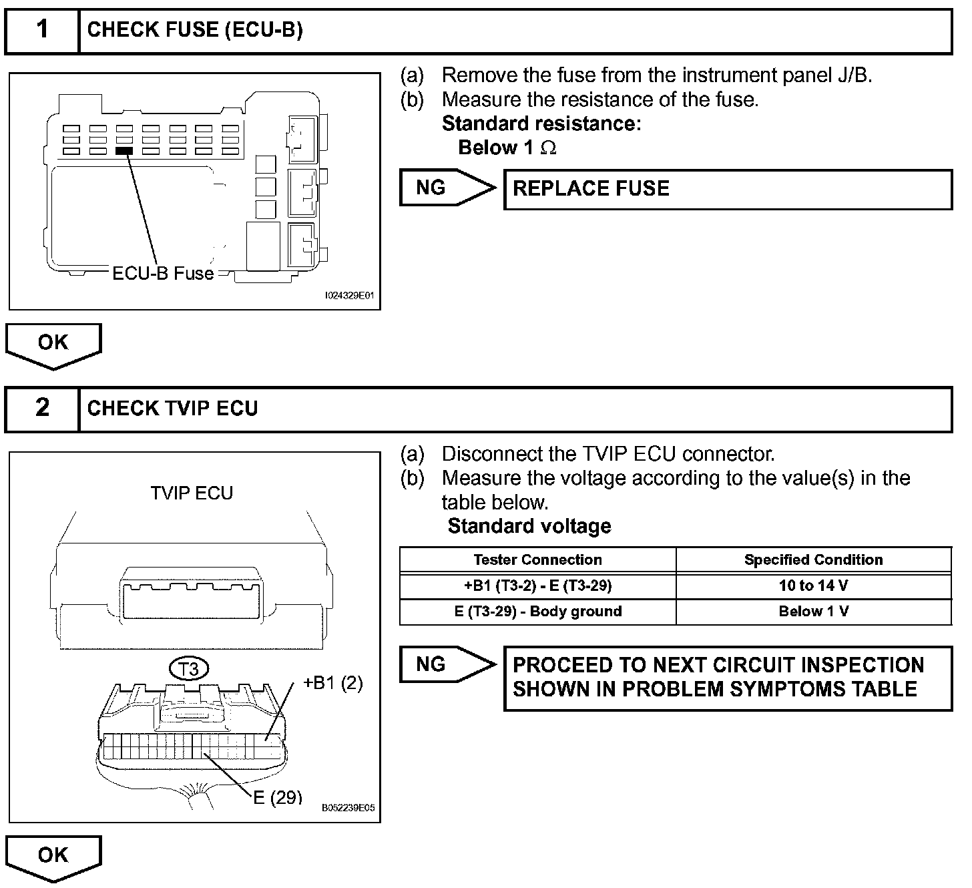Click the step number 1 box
42,31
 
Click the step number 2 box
42,409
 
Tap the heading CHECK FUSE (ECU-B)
195,30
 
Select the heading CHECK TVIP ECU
172,409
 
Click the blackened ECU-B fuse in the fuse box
124,152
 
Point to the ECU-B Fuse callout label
163,273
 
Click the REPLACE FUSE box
728,189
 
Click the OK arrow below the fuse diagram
53,344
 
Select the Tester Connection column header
537,560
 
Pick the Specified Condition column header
813,560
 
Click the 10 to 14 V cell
813,586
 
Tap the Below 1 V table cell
813,612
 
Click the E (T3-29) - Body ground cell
537,612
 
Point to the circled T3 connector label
190,668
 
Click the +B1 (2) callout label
332,683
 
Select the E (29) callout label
278,797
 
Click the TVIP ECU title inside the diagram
192,493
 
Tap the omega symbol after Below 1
548,148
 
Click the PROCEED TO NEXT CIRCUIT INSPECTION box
728,677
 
